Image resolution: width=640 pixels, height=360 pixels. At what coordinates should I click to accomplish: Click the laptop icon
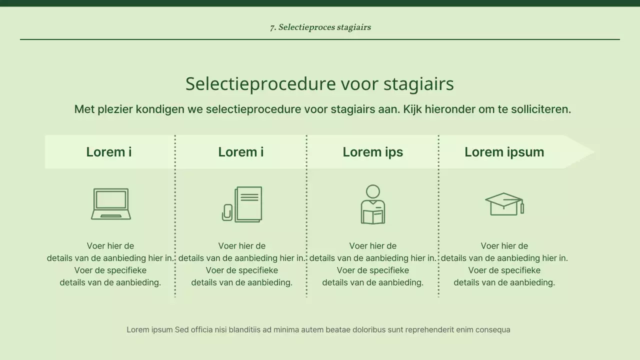pyautogui.click(x=111, y=204)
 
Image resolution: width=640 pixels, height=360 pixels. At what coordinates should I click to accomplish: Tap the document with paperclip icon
pyautogui.click(x=242, y=204)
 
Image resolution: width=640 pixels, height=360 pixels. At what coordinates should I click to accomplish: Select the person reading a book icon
pyautogui.click(x=373, y=204)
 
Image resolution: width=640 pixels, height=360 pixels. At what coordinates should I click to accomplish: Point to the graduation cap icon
pyautogui.click(x=504, y=204)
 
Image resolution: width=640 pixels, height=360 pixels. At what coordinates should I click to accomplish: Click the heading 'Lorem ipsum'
pyautogui.click(x=504, y=152)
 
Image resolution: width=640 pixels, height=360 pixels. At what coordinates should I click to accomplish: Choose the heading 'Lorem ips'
pyautogui.click(x=372, y=152)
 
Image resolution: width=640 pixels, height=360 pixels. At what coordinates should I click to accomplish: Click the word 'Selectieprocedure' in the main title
pyautogui.click(x=260, y=84)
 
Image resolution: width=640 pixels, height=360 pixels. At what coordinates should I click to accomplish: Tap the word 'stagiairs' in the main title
pyautogui.click(x=419, y=84)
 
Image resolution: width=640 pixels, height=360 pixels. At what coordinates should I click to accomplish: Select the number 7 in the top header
pyautogui.click(x=272, y=27)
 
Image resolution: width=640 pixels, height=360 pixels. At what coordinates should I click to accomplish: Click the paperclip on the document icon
pyautogui.click(x=227, y=212)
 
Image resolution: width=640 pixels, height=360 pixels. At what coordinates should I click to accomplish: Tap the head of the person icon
pyautogui.click(x=373, y=191)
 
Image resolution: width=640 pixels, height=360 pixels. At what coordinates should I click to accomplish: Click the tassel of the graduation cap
pyautogui.click(x=522, y=207)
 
